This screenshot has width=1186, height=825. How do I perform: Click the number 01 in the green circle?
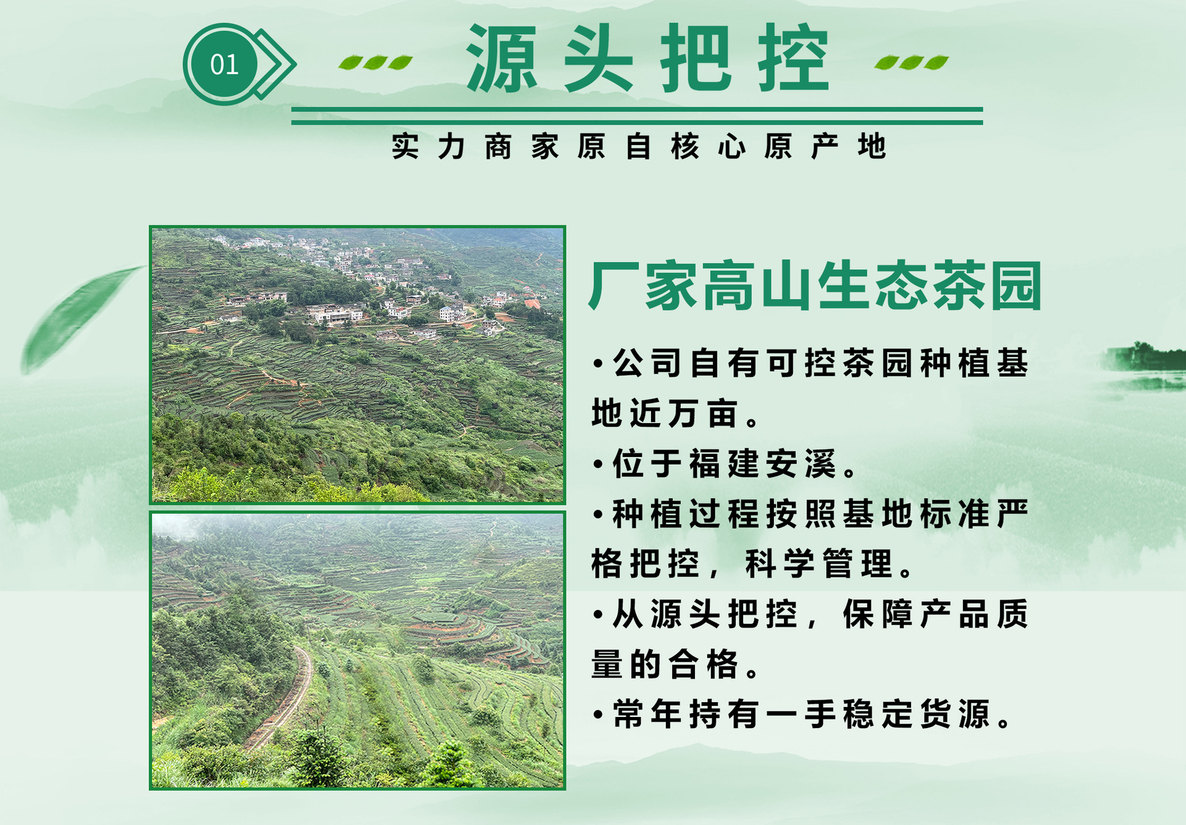pos(224,64)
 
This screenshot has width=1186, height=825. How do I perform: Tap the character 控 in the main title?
pos(793,59)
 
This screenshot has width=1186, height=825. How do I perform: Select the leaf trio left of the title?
pos(376,62)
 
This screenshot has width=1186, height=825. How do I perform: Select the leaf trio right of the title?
pos(912,62)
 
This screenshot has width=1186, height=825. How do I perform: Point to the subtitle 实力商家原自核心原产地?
pos(639,147)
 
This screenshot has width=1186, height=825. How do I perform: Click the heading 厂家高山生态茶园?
pos(815,286)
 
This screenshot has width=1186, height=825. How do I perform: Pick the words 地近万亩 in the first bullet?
pos(665,413)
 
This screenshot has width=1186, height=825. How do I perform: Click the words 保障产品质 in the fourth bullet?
pos(935,614)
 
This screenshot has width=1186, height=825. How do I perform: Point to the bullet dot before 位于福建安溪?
pos(597,464)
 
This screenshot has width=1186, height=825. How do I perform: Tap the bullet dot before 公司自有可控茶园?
pos(597,364)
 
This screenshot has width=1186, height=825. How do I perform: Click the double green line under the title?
pos(636,116)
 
